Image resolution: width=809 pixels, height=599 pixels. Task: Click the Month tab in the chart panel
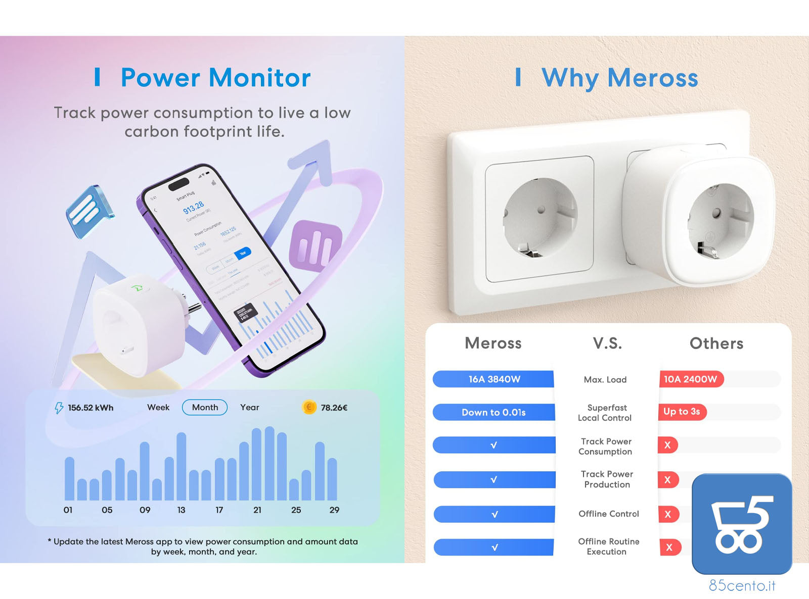[205, 408]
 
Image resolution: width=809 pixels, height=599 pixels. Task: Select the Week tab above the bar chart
[158, 408]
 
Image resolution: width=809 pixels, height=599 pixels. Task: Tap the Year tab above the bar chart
[249, 408]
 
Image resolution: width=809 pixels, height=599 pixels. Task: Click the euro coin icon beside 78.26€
[309, 407]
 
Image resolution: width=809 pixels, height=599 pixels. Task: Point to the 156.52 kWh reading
[91, 408]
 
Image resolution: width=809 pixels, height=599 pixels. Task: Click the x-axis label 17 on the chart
[219, 510]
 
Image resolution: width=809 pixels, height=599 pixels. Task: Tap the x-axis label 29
[334, 510]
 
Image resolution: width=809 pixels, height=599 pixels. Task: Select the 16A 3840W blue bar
[493, 379]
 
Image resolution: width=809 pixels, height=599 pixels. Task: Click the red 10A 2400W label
[691, 379]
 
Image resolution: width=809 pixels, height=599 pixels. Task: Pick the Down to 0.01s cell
[493, 412]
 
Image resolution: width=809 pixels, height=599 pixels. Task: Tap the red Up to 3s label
[682, 412]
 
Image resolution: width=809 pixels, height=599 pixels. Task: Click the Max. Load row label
[605, 380]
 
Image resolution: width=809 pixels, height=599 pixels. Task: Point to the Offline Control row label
[609, 514]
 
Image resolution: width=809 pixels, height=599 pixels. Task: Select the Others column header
[716, 343]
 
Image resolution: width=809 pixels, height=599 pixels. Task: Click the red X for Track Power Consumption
[667, 445]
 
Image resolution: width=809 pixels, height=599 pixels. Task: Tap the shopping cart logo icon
[742, 524]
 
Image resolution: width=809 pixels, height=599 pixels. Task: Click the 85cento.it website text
[742, 585]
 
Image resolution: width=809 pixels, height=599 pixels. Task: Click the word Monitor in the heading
[260, 78]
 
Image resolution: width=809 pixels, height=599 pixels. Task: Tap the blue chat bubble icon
[89, 211]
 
